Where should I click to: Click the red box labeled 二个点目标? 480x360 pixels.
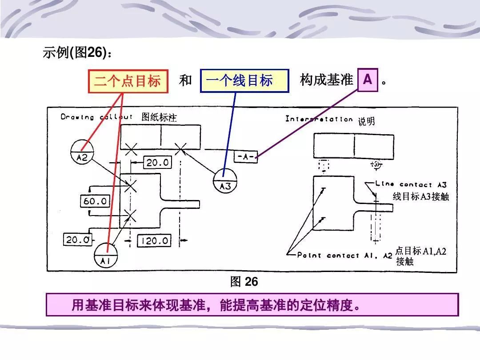128,81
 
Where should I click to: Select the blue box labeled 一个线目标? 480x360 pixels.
244,81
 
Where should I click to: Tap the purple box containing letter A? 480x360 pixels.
367,80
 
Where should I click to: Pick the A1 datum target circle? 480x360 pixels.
106,256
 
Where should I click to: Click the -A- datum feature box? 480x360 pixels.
245,157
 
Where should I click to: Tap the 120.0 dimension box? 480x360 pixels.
153,241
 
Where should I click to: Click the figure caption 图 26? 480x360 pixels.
244,282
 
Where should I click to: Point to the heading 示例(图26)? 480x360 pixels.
76,53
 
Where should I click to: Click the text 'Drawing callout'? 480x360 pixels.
96,117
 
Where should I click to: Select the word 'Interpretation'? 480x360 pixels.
319,119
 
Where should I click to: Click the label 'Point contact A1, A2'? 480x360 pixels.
345,255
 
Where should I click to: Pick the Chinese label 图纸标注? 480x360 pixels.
159,117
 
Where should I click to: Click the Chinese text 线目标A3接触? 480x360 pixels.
421,196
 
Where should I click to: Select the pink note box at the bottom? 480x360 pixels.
252,305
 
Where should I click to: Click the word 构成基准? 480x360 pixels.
326,80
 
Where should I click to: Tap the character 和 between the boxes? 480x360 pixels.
185,80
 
